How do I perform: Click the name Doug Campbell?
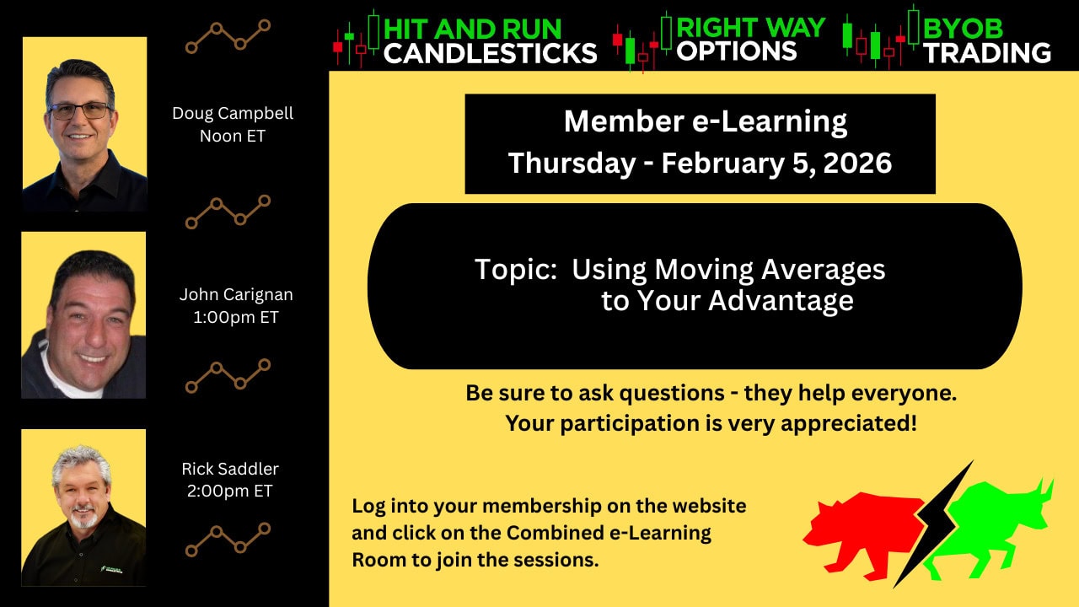(233, 114)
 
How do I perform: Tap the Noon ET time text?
(233, 137)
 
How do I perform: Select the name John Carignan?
(236, 295)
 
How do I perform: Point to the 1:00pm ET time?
(236, 318)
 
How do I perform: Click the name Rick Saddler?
(230, 469)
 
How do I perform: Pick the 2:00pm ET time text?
(230, 491)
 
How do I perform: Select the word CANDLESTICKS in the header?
(491, 53)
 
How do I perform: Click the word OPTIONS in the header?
(737, 51)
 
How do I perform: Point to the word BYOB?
(963, 29)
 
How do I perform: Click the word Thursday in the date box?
(572, 164)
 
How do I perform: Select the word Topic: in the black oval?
(516, 269)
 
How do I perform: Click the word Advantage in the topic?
(781, 301)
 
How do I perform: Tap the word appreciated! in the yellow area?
(849, 423)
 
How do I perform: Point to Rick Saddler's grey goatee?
(84, 518)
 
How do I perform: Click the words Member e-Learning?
(706, 121)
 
